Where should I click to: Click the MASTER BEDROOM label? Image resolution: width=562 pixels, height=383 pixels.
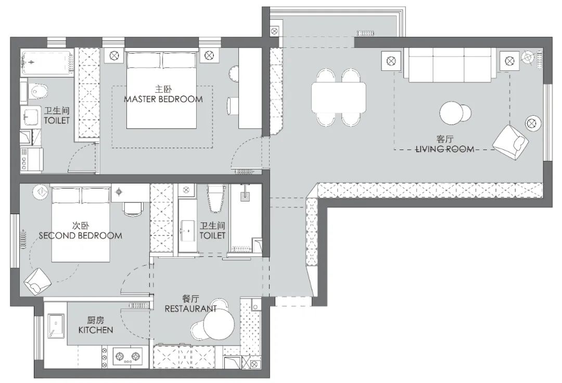tap(163, 99)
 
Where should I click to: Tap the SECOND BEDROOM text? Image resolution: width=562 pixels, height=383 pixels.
tap(80, 236)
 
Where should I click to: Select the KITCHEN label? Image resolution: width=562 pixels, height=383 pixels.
tap(96, 330)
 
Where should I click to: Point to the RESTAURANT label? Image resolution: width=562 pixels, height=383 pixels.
tap(190, 308)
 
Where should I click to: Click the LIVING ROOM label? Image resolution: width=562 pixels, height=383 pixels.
tap(445, 149)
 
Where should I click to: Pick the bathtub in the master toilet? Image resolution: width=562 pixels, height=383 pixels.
tap(47, 63)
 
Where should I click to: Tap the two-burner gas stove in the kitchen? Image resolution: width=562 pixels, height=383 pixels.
tap(127, 356)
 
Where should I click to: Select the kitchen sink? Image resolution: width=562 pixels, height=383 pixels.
tap(56, 326)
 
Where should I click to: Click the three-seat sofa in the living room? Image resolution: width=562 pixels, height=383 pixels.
tap(450, 65)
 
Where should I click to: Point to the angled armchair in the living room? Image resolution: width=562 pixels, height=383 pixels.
tap(510, 142)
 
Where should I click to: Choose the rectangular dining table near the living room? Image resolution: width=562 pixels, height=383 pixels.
tap(339, 97)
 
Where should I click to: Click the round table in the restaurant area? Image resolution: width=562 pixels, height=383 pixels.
tap(219, 324)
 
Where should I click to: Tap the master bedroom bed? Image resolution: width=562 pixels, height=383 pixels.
tap(161, 90)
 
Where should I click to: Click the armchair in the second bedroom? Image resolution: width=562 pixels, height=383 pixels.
tap(37, 282)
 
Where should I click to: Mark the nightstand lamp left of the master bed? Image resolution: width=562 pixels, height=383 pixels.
tap(114, 56)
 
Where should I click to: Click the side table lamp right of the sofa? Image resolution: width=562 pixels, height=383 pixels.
tap(509, 61)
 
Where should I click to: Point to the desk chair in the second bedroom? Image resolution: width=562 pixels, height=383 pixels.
tap(133, 208)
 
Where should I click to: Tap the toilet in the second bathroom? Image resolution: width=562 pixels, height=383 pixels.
tap(215, 199)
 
